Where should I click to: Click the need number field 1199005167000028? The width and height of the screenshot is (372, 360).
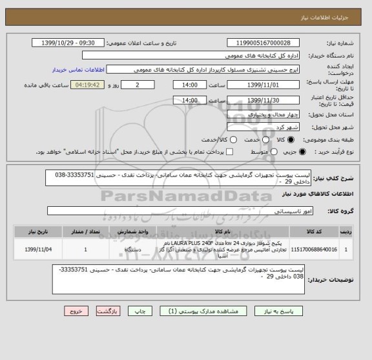pyautogui.click(x=265, y=43)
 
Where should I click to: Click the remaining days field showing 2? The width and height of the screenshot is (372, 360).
pyautogui.click(x=139, y=85)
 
